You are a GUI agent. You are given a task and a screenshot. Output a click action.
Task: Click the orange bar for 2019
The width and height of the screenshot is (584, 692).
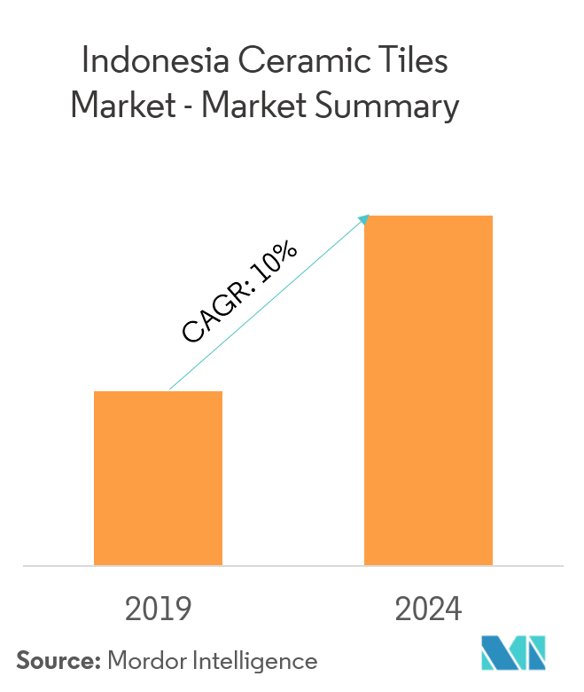point(158,477)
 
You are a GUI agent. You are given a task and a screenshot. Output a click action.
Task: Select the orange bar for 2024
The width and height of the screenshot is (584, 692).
point(428,389)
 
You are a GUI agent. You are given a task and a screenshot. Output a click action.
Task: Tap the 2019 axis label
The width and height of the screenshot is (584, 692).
point(159,609)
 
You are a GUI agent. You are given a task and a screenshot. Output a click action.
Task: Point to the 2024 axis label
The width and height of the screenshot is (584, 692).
point(428,609)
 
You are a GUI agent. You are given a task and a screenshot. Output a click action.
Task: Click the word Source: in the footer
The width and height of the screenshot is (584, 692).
point(57,661)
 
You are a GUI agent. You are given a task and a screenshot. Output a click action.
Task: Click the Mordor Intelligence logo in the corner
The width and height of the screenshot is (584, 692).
point(513,653)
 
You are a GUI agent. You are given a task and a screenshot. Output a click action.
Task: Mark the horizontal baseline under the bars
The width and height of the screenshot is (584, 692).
point(292,565)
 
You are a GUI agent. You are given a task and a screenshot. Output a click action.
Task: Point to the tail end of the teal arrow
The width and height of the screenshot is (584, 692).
point(170,389)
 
